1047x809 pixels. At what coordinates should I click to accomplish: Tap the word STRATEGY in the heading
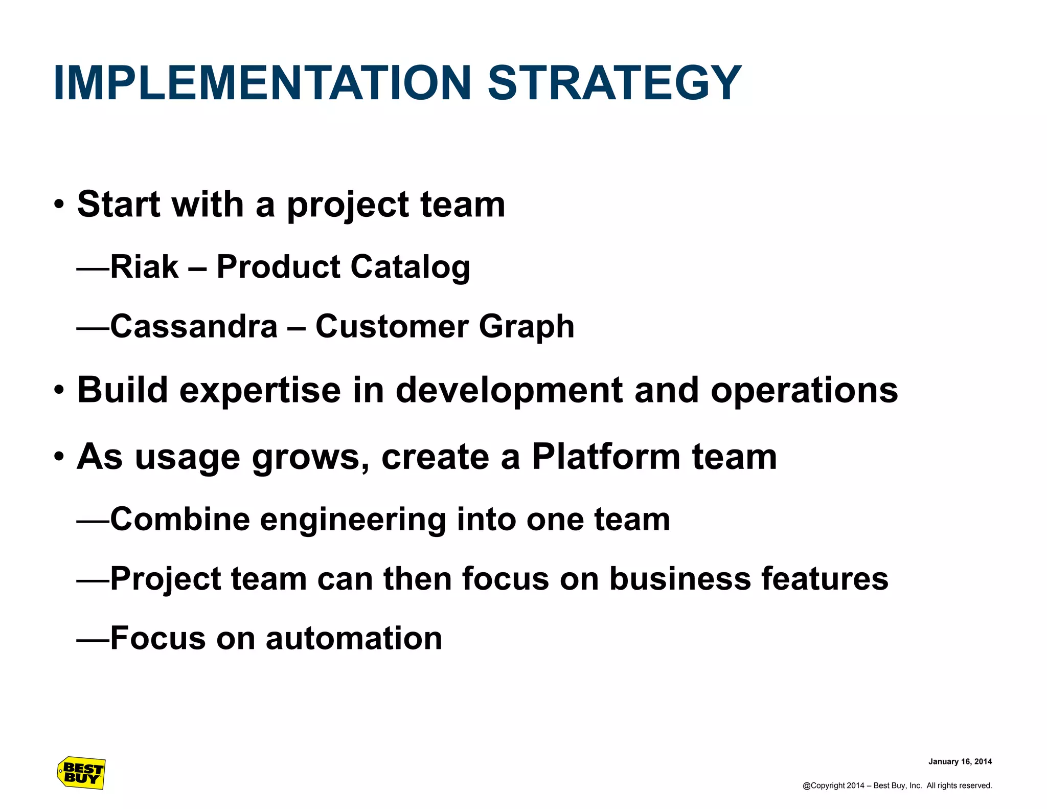pos(614,83)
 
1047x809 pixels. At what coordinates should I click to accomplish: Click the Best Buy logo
pos(81,773)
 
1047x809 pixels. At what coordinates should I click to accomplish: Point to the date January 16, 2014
pos(960,761)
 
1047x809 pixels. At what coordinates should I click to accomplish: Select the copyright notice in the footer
pos(897,785)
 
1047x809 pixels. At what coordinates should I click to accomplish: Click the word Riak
pos(144,267)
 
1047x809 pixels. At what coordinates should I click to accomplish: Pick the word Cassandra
pos(194,326)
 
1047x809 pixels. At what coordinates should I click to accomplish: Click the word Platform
pos(606,456)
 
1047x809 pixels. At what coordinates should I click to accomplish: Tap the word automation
pos(354,638)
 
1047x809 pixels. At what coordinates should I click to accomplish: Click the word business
pos(679,579)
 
